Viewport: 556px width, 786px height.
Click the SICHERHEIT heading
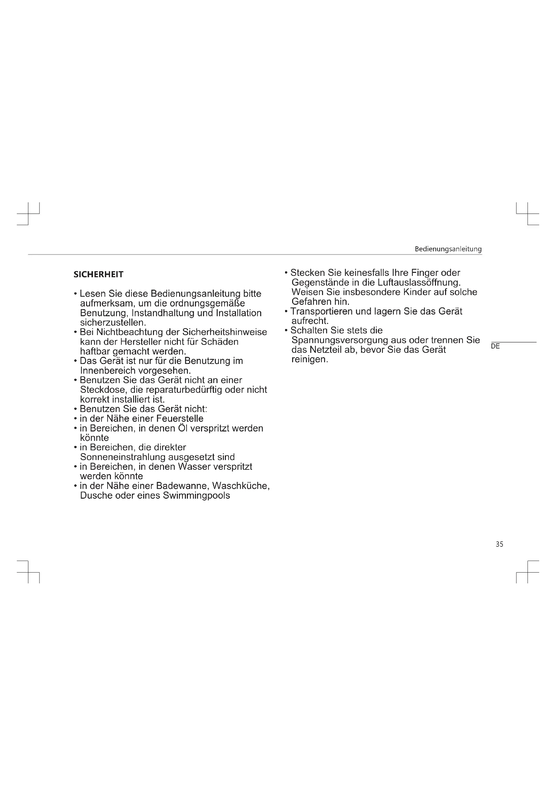[x=98, y=274]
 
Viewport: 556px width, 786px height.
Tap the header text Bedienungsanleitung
[x=448, y=249]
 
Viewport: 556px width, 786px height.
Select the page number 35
[x=499, y=544]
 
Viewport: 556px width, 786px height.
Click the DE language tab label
[x=495, y=346]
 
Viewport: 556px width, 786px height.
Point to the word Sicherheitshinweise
[x=224, y=332]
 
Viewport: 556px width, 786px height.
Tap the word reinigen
[x=310, y=359]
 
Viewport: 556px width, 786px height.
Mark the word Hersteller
[x=141, y=342]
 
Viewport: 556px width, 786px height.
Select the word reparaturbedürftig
[x=184, y=389]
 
